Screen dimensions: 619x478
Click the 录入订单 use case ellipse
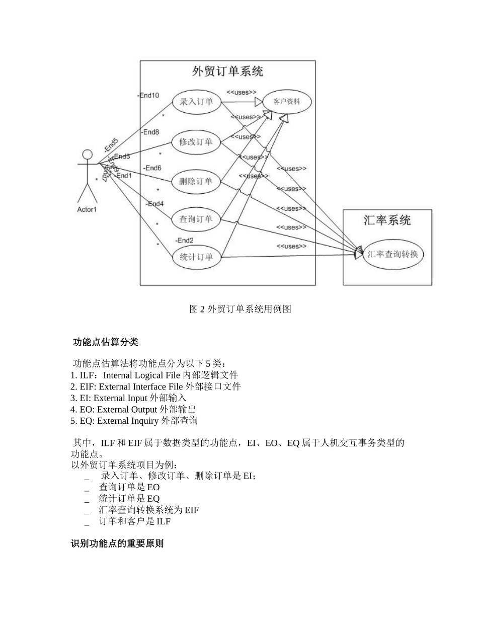[x=196, y=102]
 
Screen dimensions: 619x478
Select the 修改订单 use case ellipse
[x=196, y=142]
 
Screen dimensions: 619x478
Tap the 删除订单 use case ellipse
[x=196, y=181]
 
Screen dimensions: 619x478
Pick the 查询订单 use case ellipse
[x=196, y=219]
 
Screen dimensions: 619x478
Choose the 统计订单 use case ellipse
[x=196, y=257]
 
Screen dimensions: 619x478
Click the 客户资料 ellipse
[x=287, y=102]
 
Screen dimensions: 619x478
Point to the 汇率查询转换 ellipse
[x=393, y=254]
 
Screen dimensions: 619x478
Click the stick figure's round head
[x=88, y=154]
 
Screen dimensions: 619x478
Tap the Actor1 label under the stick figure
[x=87, y=209]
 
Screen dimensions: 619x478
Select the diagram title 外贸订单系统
[x=227, y=71]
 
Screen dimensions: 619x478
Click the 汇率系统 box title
[x=387, y=220]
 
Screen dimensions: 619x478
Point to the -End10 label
[x=148, y=95]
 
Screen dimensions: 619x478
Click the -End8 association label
[x=150, y=132]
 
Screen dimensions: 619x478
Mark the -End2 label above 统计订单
[x=184, y=240]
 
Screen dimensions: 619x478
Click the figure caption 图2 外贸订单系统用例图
[x=240, y=309]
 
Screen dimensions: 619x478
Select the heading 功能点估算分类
[x=105, y=343]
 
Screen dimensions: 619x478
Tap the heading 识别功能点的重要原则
[x=117, y=544]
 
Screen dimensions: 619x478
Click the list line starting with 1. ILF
[x=154, y=375]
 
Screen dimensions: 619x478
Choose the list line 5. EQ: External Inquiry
[x=134, y=421]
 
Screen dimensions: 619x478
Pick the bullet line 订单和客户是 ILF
[x=134, y=522]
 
